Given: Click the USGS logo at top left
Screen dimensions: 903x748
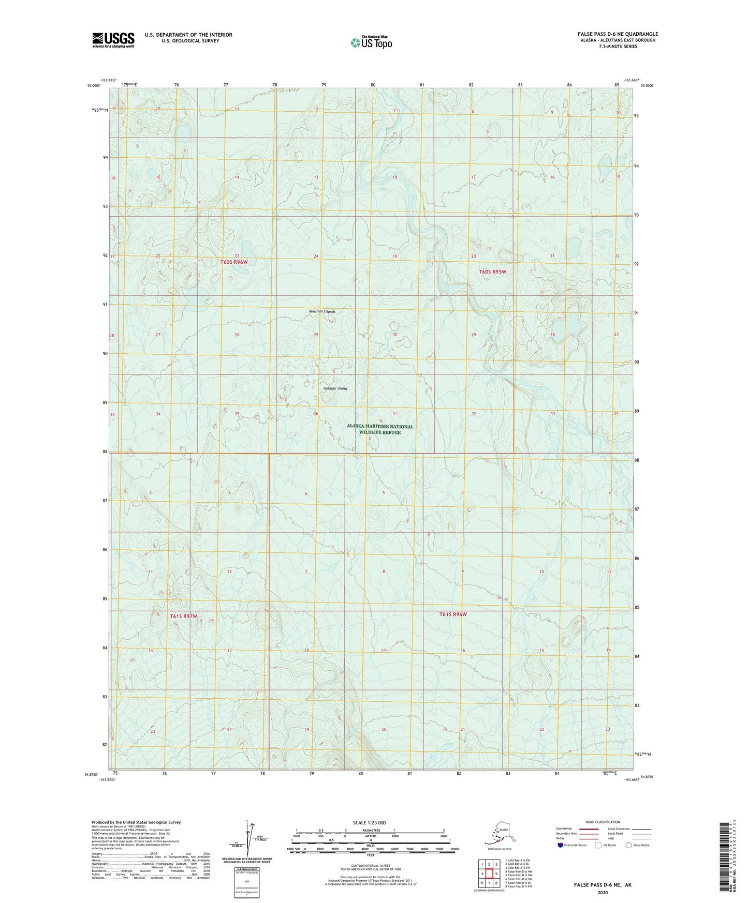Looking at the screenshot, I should click(113, 40).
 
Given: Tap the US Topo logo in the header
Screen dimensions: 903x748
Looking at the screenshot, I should click(371, 42).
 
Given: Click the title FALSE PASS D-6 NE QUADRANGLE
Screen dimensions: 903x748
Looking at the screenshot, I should click(618, 34).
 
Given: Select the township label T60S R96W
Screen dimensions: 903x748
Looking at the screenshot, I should click(234, 262).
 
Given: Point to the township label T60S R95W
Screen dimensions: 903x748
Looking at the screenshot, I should click(492, 272).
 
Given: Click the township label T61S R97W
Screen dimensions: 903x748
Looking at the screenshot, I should click(184, 616).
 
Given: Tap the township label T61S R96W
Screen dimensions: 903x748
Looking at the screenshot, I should click(453, 614).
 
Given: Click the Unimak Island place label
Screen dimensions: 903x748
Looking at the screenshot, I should click(335, 388).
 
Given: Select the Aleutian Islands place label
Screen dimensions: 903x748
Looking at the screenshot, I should click(321, 311).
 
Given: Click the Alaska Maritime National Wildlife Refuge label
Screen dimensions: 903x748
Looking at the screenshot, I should click(380, 429).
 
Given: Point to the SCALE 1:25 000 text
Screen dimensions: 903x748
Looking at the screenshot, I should click(370, 822).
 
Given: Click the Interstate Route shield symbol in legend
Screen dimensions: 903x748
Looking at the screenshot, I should click(561, 845).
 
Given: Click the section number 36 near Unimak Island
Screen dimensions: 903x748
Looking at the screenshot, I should click(315, 414).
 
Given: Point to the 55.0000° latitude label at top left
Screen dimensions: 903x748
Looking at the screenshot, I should click(94, 86).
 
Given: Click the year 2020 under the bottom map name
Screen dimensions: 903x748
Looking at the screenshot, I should click(603, 893).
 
